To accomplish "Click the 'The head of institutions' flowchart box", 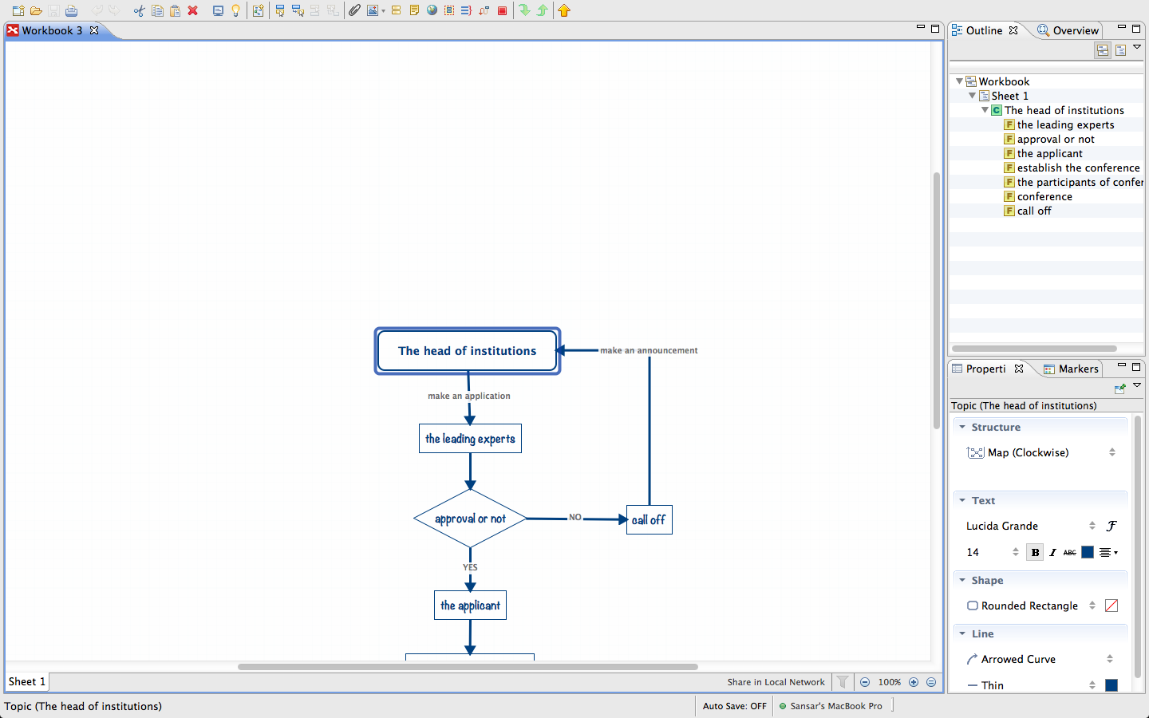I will click(x=467, y=351).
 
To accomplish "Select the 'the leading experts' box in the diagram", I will click(x=470, y=439).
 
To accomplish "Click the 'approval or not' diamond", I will click(x=470, y=519).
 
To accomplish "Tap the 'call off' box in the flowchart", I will click(x=649, y=520).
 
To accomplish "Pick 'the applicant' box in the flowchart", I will click(x=470, y=606).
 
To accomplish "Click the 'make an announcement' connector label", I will click(x=649, y=350).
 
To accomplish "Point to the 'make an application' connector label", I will click(x=468, y=396).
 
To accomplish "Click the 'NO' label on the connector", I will click(x=575, y=517).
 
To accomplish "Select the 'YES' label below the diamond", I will click(x=470, y=567).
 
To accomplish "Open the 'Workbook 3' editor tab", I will click(x=52, y=30).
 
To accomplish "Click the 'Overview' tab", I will click(x=1075, y=30).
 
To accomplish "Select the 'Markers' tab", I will click(x=1078, y=369).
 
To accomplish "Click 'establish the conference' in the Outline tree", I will click(x=1078, y=168).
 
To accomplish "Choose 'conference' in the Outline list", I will click(x=1044, y=196).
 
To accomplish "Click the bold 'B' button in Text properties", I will click(x=1035, y=552).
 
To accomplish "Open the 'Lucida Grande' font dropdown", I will click(x=1029, y=526).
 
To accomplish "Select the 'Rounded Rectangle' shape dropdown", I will click(x=1029, y=606).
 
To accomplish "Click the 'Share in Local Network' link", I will click(x=776, y=682).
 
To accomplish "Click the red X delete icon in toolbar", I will click(x=192, y=10).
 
